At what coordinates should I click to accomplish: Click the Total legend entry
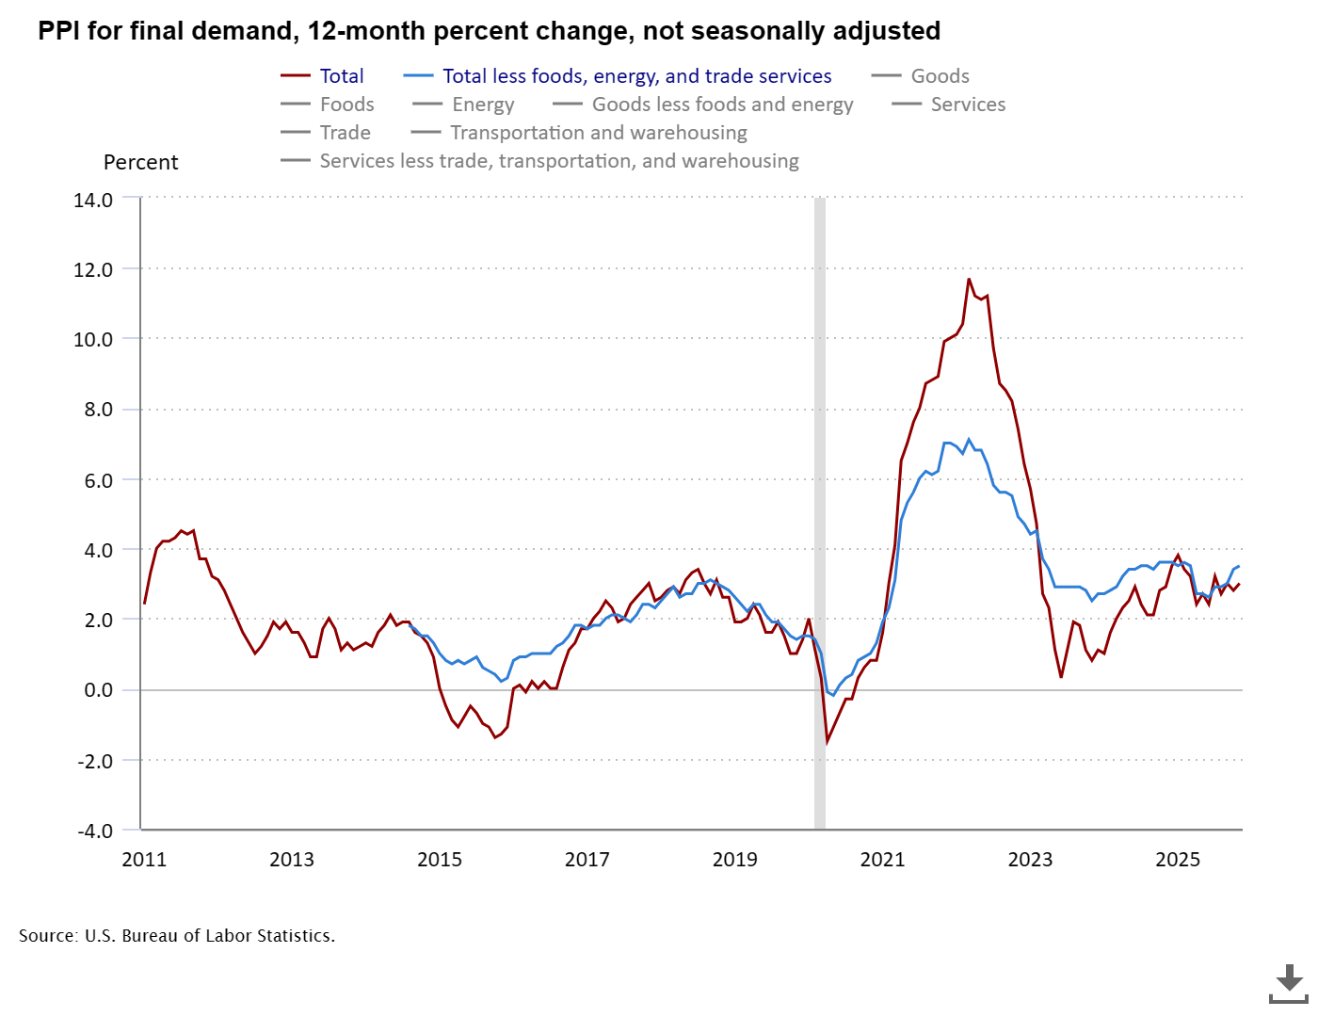click(341, 76)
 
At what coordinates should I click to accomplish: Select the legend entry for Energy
click(483, 105)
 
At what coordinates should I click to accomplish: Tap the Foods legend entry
click(346, 105)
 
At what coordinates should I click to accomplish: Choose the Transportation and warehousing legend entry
click(598, 133)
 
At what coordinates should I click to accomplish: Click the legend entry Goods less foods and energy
click(722, 105)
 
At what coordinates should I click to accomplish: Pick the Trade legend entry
click(345, 133)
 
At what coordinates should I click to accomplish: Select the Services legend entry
click(968, 105)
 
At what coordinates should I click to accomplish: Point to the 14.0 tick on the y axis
click(93, 200)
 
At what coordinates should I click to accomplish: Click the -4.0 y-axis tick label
click(95, 831)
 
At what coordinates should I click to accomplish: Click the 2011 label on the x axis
click(144, 859)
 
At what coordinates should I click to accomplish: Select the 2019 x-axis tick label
click(734, 859)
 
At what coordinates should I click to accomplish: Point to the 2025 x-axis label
click(1178, 859)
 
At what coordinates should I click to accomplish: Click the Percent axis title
click(140, 162)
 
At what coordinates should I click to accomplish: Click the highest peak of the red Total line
click(969, 279)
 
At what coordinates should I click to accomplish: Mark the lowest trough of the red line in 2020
click(827, 742)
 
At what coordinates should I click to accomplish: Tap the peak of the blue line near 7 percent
click(969, 440)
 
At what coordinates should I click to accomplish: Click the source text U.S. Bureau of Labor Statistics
click(209, 935)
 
